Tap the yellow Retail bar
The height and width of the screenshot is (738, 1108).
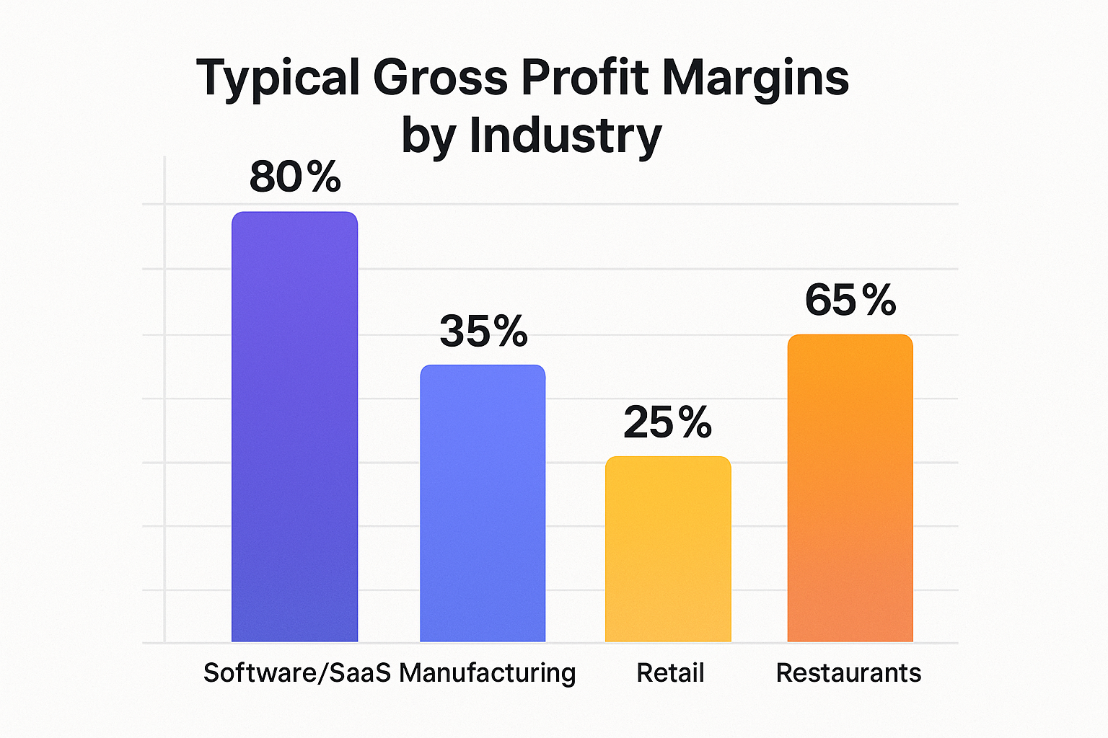(x=668, y=549)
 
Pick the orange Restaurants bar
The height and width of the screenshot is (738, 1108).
(x=850, y=488)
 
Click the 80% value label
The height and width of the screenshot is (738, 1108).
(x=295, y=177)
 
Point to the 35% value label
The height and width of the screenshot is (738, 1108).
(x=483, y=332)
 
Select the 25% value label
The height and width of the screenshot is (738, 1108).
(x=667, y=422)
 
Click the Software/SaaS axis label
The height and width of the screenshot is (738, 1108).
(x=296, y=673)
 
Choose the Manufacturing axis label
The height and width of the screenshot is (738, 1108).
(x=488, y=673)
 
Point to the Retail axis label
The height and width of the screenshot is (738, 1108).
(x=670, y=673)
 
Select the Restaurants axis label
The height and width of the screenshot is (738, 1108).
(x=848, y=673)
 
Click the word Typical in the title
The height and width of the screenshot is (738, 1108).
(x=278, y=78)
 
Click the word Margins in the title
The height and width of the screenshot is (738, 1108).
(x=755, y=78)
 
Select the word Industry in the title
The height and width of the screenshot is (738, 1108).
(x=566, y=135)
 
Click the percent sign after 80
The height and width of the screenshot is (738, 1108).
(x=322, y=177)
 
